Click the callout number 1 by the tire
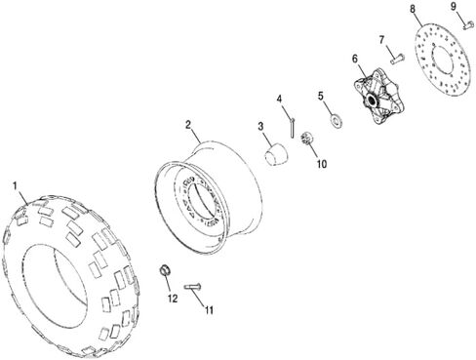pos(15,185)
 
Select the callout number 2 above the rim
pos(188,125)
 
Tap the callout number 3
pos(260,127)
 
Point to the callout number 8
pos(413,9)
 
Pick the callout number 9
pos(454,7)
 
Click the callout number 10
pos(322,164)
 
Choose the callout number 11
pos(209,310)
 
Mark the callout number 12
pos(173,299)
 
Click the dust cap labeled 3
pos(276,154)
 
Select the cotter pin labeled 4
pos(293,128)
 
